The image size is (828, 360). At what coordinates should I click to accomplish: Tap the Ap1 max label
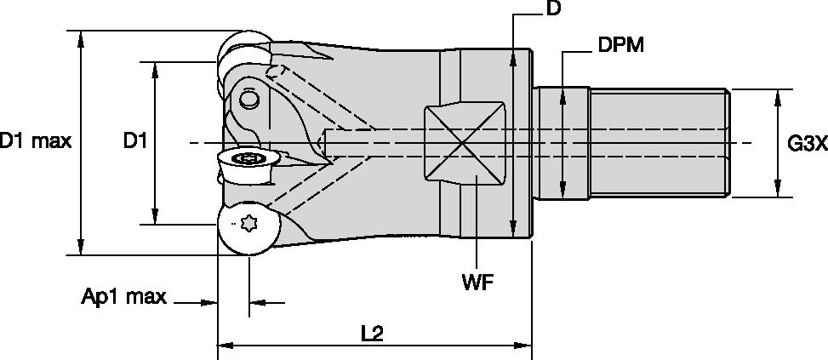(x=123, y=297)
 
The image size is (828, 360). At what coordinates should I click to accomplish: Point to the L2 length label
(x=372, y=334)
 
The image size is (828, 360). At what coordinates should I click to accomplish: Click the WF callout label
(x=479, y=280)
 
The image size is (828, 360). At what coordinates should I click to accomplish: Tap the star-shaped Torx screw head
(x=249, y=225)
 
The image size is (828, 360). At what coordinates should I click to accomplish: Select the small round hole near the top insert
(x=248, y=100)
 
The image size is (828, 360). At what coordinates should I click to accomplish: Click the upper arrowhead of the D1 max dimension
(x=81, y=36)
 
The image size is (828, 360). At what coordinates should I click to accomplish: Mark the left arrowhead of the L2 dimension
(x=224, y=346)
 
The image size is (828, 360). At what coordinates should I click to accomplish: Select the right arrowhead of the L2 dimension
(x=527, y=346)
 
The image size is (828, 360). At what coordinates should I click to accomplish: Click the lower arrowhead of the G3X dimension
(x=776, y=191)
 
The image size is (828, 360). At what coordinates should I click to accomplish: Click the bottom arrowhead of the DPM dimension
(x=562, y=195)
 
